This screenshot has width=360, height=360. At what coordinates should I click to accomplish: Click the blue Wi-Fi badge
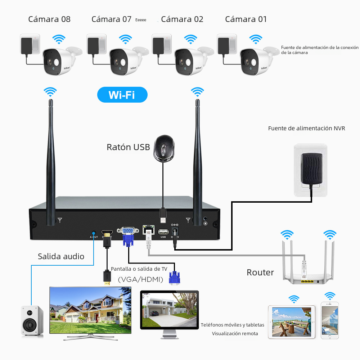(122, 95)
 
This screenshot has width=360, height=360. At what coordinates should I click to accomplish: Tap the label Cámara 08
(49, 19)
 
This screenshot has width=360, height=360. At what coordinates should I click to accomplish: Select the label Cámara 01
(246, 19)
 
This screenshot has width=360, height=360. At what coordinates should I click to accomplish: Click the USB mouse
(164, 148)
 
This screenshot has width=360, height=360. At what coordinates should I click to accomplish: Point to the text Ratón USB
(128, 147)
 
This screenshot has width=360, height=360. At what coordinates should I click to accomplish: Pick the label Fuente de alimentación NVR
(306, 128)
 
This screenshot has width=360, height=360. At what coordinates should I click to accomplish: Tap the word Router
(260, 273)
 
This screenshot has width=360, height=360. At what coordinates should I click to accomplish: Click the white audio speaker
(32, 321)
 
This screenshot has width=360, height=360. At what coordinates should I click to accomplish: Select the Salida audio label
(61, 256)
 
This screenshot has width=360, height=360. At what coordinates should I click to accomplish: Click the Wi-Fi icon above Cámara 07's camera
(125, 39)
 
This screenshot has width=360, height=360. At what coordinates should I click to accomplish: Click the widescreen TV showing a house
(90, 311)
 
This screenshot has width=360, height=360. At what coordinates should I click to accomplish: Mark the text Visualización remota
(235, 333)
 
